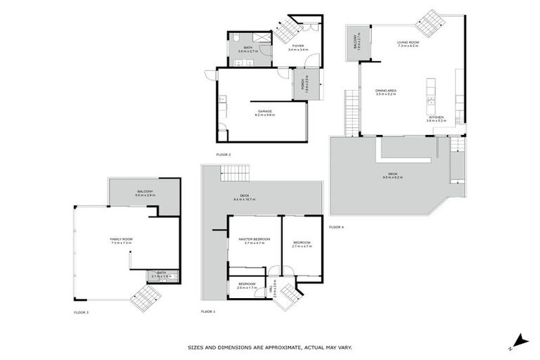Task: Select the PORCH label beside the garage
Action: (303, 84)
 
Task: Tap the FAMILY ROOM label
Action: (122, 239)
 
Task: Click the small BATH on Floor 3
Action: (161, 275)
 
